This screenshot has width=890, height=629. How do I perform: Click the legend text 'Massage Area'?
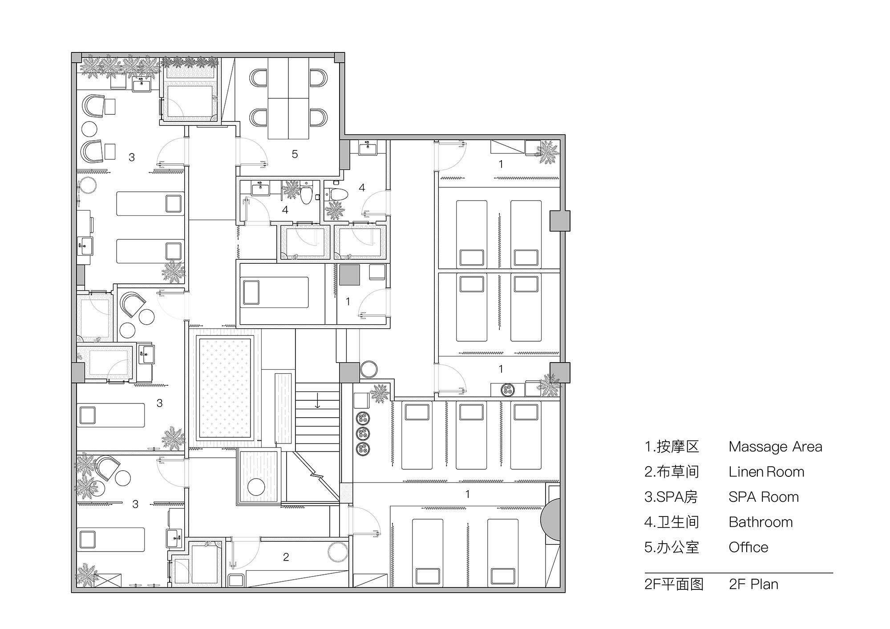pyautogui.click(x=775, y=447)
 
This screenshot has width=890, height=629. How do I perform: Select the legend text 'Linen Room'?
pyautogui.click(x=766, y=472)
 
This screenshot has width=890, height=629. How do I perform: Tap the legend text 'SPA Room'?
pyautogui.click(x=763, y=497)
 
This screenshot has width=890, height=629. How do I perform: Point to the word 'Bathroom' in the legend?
pyautogui.click(x=760, y=522)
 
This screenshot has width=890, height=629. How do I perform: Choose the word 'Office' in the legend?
pyautogui.click(x=748, y=547)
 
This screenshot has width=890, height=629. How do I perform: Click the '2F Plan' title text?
pyautogui.click(x=753, y=584)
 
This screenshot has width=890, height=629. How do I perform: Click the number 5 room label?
pyautogui.click(x=295, y=154)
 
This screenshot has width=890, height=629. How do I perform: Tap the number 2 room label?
pyautogui.click(x=286, y=557)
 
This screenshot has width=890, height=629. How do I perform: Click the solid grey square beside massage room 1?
pyautogui.click(x=349, y=275)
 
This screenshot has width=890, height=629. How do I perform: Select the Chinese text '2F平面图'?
pyautogui.click(x=673, y=584)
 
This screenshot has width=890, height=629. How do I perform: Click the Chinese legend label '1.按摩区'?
pyautogui.click(x=672, y=447)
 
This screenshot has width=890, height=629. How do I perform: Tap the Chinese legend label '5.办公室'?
pyautogui.click(x=672, y=547)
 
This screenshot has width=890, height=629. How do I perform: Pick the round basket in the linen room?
pyautogui.click(x=338, y=552)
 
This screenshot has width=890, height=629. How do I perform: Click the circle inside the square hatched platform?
pyautogui.click(x=256, y=487)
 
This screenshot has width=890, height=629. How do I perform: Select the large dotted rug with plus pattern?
pyautogui.click(x=225, y=388)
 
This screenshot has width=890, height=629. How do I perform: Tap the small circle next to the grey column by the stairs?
pyautogui.click(x=368, y=369)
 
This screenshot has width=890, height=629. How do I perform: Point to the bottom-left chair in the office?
pyautogui.click(x=258, y=117)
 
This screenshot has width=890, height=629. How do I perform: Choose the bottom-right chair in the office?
pyautogui.click(x=319, y=117)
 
